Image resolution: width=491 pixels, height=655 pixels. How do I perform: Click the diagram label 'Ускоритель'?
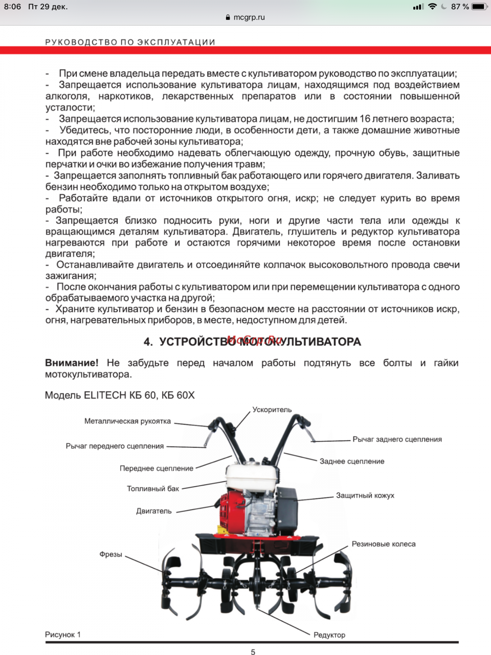[x=272, y=409]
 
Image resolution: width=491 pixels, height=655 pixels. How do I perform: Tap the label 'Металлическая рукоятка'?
[x=127, y=421]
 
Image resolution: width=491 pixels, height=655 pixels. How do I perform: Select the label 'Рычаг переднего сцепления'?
[x=115, y=446]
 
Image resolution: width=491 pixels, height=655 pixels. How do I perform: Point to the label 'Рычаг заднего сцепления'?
[x=397, y=439]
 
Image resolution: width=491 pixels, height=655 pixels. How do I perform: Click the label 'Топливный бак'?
[x=153, y=489]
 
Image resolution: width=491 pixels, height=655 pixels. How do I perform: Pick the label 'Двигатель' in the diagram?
[x=154, y=511]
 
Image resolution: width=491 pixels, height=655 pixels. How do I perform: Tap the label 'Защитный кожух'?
[x=365, y=495]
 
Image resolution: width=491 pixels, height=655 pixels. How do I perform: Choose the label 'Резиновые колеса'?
[x=383, y=544]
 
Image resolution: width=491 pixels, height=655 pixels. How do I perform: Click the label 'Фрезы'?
[x=110, y=554]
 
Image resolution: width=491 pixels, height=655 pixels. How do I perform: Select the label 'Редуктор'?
[x=329, y=635]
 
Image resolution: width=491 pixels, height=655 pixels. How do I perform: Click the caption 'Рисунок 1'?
[x=62, y=635]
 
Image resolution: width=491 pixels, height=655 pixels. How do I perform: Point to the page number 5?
[x=253, y=651]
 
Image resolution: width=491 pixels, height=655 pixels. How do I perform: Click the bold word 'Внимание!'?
[x=72, y=363]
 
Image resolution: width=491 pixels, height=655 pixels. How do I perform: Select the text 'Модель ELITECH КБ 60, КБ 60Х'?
[x=120, y=395]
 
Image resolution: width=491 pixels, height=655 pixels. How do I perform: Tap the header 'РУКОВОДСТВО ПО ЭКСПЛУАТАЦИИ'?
[x=130, y=42]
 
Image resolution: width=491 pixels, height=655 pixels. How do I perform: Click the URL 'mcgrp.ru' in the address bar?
[x=249, y=17]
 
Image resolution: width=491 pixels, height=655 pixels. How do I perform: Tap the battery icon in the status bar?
[x=479, y=7]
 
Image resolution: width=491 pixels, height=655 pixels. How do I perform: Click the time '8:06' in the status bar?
[x=13, y=7]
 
